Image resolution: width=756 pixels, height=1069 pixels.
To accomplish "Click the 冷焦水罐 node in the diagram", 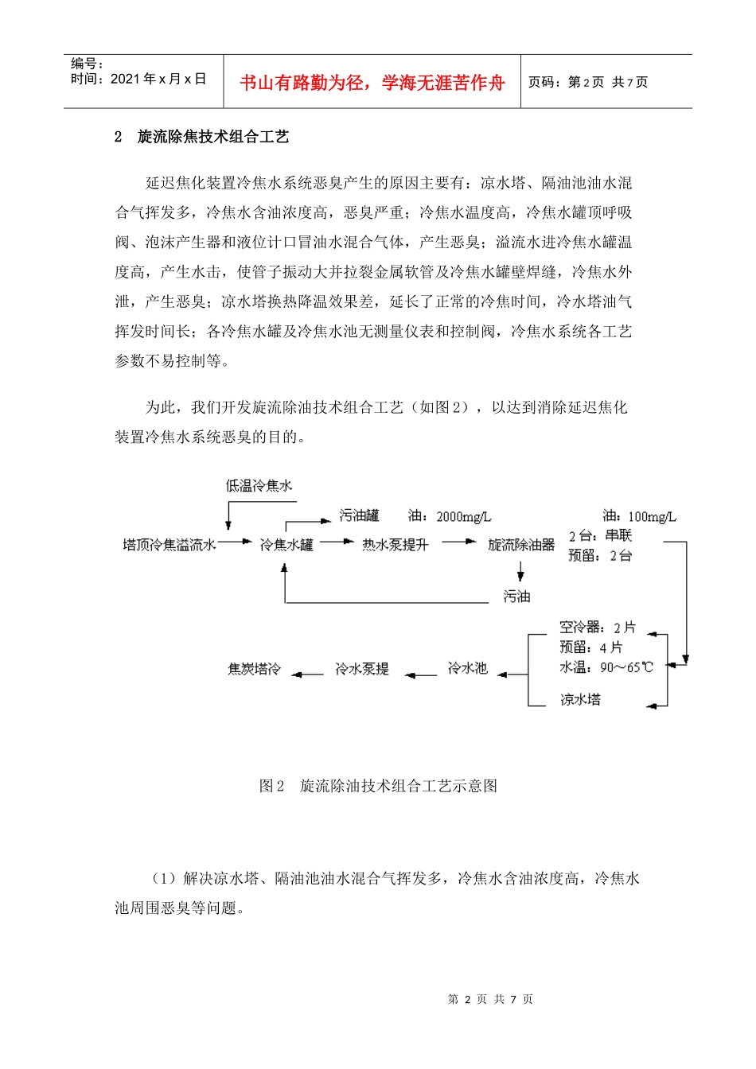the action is coord(286,545).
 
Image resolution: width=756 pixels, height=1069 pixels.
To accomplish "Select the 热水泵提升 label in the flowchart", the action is coord(396,545).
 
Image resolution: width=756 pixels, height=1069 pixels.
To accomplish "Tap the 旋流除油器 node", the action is coord(521,545).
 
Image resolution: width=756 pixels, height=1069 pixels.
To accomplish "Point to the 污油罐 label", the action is coord(359,515).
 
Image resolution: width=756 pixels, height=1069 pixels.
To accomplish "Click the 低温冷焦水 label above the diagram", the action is coord(259,485).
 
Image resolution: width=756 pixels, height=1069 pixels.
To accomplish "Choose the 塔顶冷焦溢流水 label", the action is coord(170,545).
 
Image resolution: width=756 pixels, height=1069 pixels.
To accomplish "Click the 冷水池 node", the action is coord(467,668).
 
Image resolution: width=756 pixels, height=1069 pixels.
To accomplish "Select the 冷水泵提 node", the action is coord(362,669).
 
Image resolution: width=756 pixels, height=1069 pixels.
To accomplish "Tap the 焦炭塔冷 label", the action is coord(255,669).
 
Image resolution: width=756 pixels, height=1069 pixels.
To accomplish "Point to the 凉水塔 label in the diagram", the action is coord(581,699).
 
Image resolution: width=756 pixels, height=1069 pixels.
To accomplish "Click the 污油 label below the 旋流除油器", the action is coord(516,596).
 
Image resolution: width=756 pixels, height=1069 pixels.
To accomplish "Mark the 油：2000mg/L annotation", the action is coord(450,516).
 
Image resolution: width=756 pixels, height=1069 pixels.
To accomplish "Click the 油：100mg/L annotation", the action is coord(639,516).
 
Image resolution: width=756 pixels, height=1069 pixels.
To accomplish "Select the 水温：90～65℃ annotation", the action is coord(606,667).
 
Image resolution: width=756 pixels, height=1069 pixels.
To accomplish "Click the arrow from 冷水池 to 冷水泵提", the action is coord(421,675).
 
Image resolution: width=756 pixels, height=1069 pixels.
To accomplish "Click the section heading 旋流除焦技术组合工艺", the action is coord(213,137).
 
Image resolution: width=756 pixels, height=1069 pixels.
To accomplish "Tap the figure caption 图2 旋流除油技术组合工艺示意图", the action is coord(379,786).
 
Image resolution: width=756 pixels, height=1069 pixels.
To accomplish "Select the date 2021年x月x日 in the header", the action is coord(158,79).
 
